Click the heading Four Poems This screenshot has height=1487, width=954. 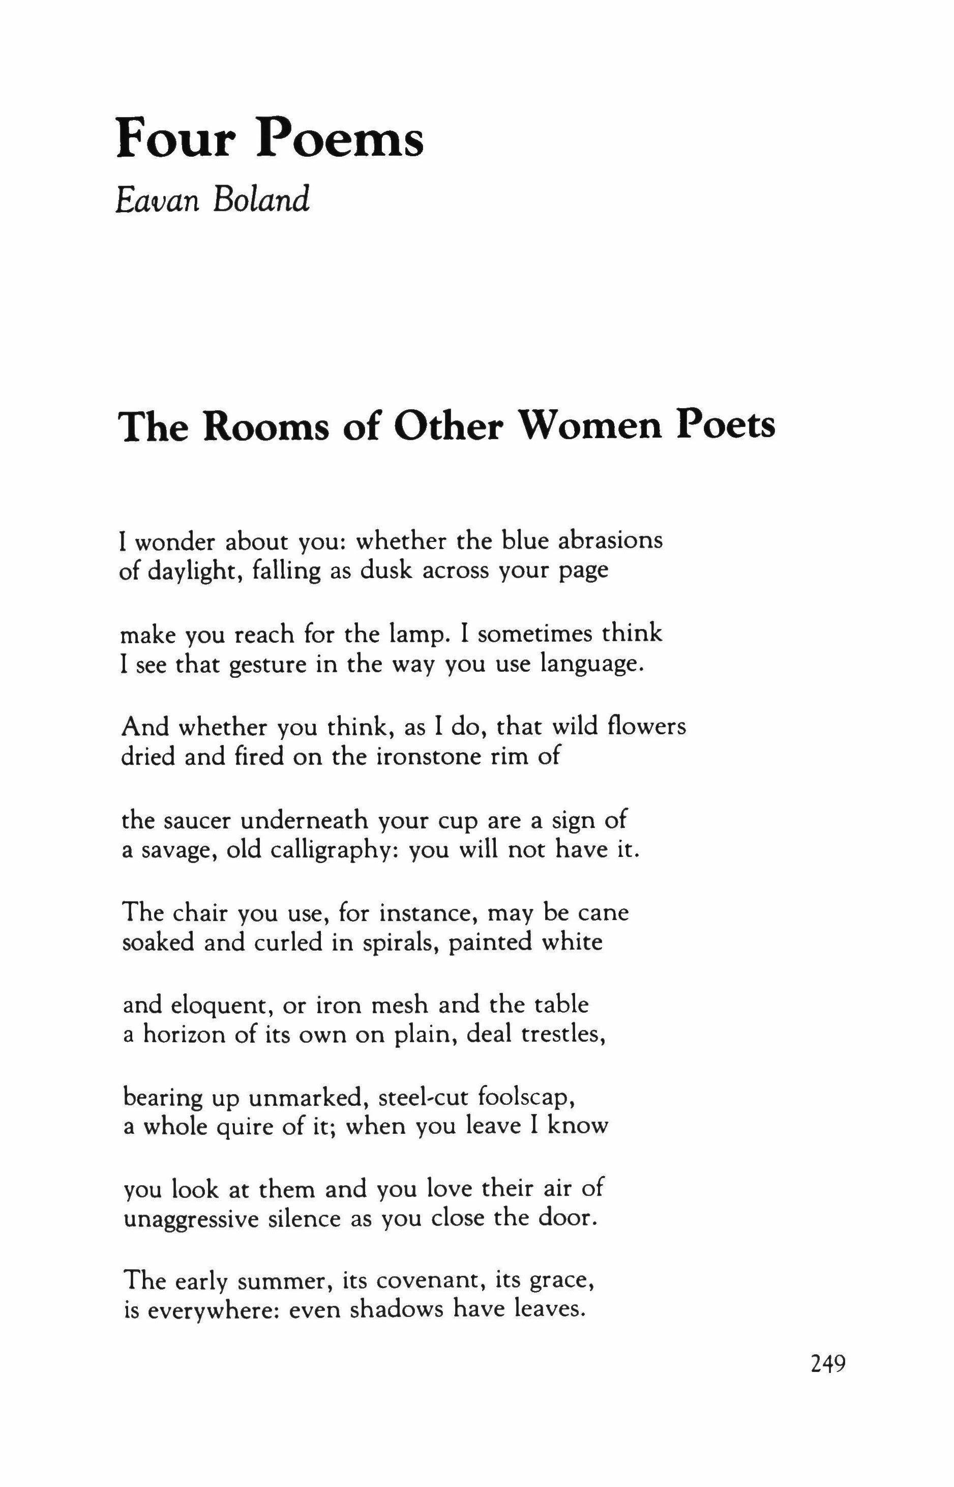(270, 138)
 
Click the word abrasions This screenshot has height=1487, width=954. (610, 540)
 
